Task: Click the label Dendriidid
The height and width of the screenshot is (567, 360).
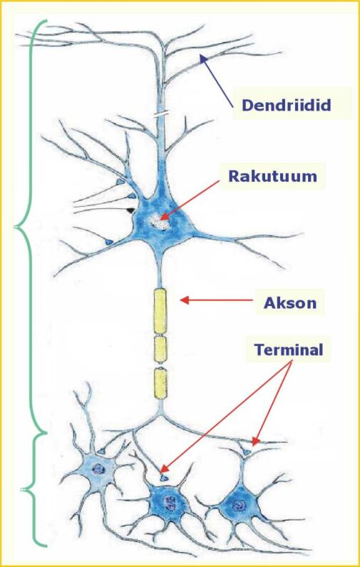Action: pos(287,106)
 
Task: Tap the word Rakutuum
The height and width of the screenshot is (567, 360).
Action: pos(273,176)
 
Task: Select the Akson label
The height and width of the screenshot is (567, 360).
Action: pos(290,302)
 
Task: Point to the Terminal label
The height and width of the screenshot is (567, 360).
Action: pos(289,349)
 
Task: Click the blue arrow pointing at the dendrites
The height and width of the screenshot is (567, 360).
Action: pos(217,81)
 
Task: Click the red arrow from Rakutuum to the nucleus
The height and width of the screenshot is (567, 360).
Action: pos(189,200)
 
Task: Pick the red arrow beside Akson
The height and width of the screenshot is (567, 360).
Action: pos(216,300)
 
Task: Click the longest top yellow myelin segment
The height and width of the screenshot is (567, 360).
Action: pos(160,311)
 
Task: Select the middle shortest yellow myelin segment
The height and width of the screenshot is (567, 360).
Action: pos(160,349)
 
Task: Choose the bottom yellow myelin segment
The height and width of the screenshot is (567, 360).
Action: pos(160,383)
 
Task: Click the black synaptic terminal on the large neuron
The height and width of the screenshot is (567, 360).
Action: pos(130,210)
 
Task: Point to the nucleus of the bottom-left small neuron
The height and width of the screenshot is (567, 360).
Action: pos(98,469)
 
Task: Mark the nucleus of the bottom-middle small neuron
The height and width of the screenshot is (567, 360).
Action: pos(169,502)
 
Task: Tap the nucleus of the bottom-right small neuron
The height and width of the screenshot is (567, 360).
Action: pos(239,505)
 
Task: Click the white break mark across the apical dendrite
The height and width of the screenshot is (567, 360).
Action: pos(160,115)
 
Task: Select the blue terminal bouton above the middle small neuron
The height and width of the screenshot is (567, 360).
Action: pos(164,478)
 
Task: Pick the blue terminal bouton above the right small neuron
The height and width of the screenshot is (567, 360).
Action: pos(247,451)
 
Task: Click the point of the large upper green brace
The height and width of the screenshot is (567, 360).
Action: pos(14,227)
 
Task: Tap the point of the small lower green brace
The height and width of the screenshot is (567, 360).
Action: pos(21,489)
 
